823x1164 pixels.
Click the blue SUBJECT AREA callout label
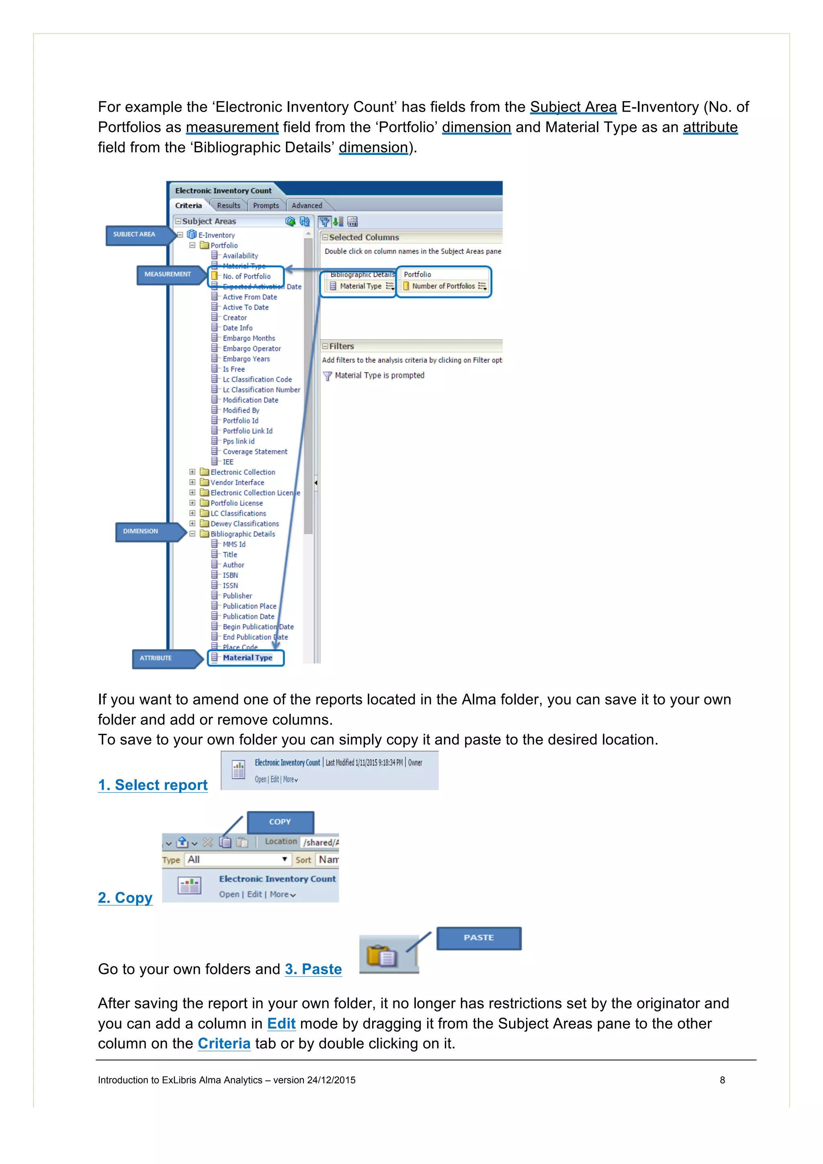click(134, 235)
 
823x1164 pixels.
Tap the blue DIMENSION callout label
click(141, 531)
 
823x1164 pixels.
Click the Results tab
click(228, 206)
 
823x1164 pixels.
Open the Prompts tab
click(266, 206)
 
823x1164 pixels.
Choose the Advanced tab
click(306, 206)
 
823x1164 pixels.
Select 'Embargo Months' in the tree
click(248, 338)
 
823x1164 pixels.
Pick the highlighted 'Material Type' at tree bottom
click(248, 658)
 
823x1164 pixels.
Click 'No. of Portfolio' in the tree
click(246, 276)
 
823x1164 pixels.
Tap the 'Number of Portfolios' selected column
click(443, 286)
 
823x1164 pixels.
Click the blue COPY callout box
click(280, 822)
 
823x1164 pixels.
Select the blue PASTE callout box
click(479, 938)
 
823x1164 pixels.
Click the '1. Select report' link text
click(153, 785)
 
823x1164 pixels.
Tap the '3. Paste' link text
click(313, 969)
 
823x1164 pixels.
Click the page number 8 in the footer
click(722, 1080)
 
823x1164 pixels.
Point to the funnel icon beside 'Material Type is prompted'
click(328, 376)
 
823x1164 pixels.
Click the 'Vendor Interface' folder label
click(237, 483)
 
